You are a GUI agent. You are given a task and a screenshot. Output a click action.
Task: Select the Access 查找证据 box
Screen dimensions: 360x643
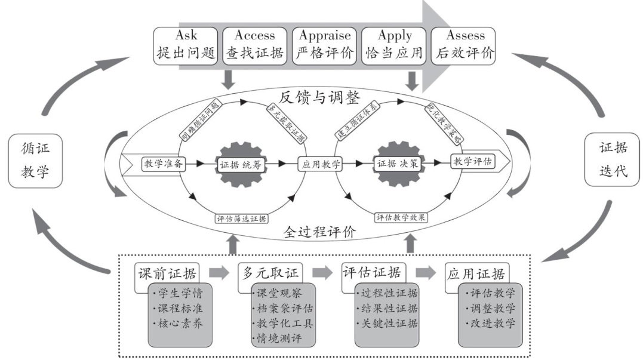click(254, 44)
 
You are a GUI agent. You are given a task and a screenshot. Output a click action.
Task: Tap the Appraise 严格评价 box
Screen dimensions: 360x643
click(324, 44)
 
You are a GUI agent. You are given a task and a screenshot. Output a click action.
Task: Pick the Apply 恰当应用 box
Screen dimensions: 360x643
click(394, 44)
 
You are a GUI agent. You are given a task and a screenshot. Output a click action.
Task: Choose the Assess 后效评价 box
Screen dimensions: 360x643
click(463, 44)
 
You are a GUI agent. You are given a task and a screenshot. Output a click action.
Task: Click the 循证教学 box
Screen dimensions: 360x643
click(35, 161)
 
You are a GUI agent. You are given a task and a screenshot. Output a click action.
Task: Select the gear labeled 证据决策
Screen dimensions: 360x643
click(397, 162)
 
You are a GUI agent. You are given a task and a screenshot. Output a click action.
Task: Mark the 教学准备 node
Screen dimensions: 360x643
click(163, 162)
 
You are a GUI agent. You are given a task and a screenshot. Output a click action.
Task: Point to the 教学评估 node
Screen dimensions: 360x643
click(473, 161)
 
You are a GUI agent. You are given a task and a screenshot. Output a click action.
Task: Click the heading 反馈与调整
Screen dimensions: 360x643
click(320, 96)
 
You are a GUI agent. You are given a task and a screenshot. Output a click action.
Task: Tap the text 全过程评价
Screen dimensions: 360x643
click(320, 232)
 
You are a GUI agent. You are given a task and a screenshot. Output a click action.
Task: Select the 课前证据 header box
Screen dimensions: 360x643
click(167, 273)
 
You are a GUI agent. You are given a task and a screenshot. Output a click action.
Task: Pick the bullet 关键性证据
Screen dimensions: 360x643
click(388, 324)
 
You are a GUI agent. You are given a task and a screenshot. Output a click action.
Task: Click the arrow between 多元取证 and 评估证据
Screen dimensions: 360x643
click(322, 273)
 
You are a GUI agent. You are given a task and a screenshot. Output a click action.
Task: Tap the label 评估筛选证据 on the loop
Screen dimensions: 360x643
click(241, 218)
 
